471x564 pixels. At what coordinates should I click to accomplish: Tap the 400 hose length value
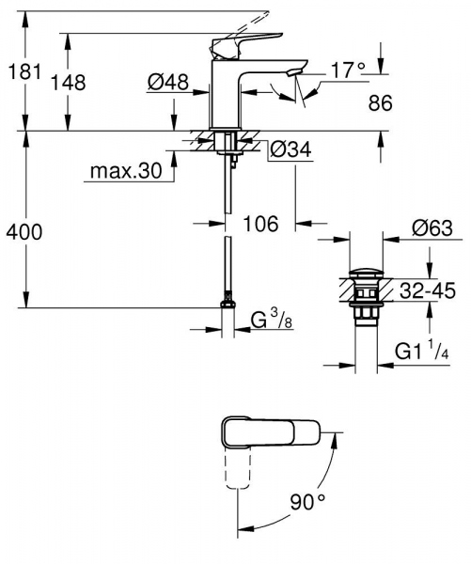[x=23, y=231]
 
